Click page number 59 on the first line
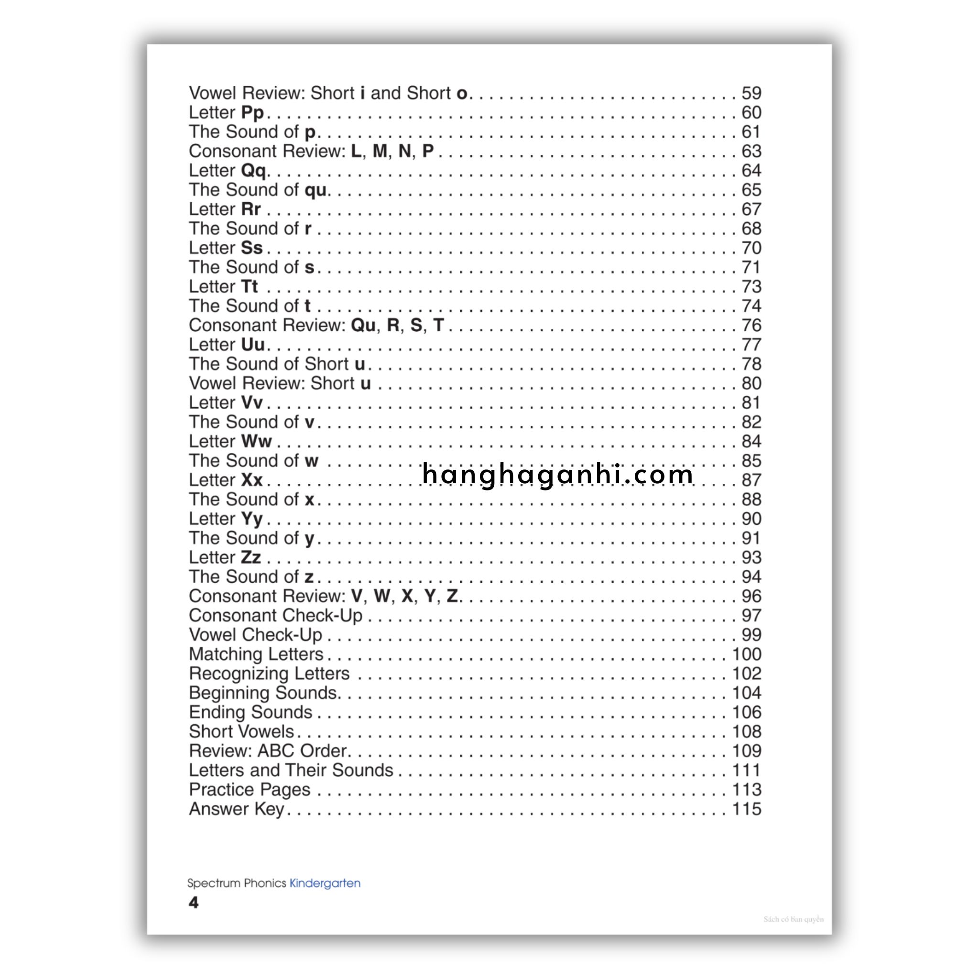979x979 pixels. point(751,93)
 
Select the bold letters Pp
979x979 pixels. point(252,112)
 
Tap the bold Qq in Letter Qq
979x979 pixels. point(253,171)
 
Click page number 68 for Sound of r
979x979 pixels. point(751,228)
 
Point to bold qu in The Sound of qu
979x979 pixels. point(315,190)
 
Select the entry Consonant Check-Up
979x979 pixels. point(276,615)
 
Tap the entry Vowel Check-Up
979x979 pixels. point(255,634)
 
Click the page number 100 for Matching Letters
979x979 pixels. point(746,654)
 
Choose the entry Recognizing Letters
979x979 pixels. point(269,674)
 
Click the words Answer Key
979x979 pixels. point(236,809)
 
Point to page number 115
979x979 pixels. point(746,809)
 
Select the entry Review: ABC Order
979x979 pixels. point(268,751)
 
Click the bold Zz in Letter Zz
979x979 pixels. point(251,557)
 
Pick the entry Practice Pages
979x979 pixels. point(250,790)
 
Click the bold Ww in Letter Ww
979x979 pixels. point(256,441)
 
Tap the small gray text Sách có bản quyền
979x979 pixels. point(794,919)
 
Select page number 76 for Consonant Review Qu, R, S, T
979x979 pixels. point(751,326)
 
